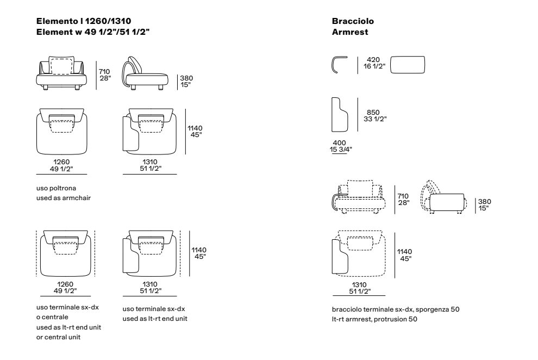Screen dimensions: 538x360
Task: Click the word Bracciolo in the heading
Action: [353, 21]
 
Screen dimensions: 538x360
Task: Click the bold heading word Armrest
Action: [350, 32]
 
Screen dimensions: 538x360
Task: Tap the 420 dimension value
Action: [373, 60]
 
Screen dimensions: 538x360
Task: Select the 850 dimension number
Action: [373, 112]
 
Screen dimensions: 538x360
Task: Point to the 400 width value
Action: [339, 143]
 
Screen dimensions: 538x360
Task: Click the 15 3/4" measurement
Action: [341, 150]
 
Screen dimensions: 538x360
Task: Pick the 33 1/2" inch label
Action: [375, 119]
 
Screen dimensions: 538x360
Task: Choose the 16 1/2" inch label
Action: [374, 66]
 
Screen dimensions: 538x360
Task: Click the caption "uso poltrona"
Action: [57, 188]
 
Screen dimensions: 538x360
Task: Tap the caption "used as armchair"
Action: [64, 198]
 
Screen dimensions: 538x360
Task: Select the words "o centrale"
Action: [52, 317]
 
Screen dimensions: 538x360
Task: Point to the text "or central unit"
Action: [58, 337]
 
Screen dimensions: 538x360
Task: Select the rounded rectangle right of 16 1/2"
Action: [408, 65]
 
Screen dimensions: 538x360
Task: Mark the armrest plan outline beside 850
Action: [332, 115]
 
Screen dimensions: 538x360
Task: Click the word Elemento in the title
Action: [57, 21]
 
